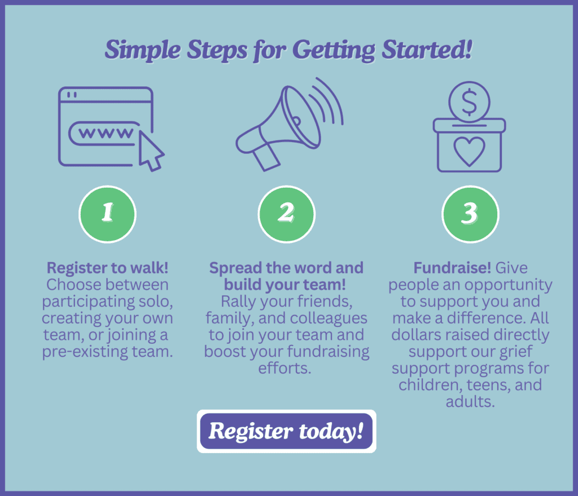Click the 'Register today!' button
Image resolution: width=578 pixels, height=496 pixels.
click(286, 431)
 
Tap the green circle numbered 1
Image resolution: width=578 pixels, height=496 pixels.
click(107, 214)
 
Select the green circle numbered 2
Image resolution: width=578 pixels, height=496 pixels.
click(286, 214)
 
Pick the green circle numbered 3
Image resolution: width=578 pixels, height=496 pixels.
click(470, 214)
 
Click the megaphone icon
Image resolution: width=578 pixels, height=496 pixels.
click(290, 125)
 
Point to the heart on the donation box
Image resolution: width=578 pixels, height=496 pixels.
click(469, 151)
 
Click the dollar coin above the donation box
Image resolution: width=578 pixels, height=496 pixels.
click(469, 102)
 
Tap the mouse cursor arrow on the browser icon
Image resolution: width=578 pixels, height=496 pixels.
click(150, 152)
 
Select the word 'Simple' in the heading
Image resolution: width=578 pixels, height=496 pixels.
click(143, 50)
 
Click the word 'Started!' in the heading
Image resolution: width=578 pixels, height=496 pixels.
click(427, 49)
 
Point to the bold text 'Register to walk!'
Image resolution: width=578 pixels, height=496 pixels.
click(107, 268)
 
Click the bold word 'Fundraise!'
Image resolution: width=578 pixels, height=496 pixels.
click(452, 268)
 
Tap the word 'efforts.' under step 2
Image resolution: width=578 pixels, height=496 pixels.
click(285, 368)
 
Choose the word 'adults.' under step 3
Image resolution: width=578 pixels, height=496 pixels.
click(470, 401)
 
